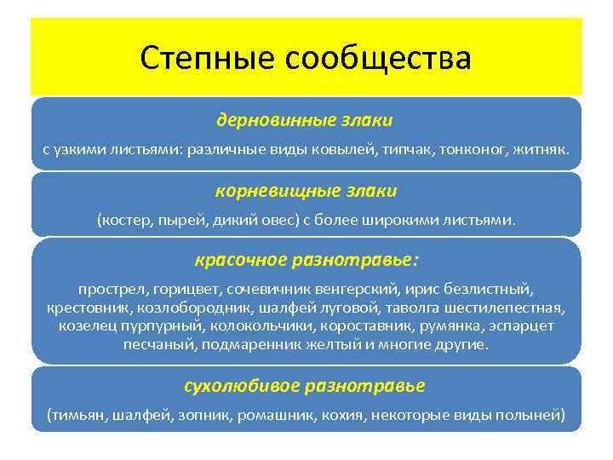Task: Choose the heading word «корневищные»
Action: tap(261, 191)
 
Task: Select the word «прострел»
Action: tap(110, 289)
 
